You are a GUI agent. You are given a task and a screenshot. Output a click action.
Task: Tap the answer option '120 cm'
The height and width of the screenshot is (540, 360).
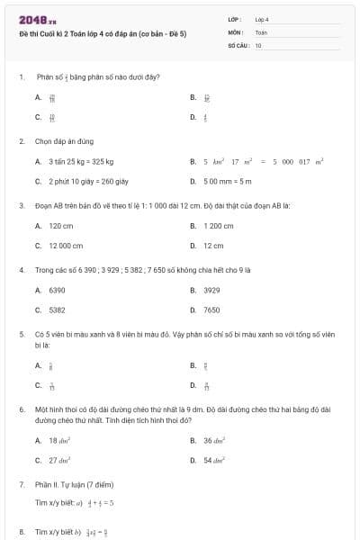(x=60, y=226)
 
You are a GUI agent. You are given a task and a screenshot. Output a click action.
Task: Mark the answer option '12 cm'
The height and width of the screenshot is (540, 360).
(x=212, y=245)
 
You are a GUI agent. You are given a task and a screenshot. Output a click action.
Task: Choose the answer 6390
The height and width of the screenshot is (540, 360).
(x=57, y=291)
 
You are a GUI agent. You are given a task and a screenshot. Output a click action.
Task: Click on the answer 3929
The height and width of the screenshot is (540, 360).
(x=211, y=291)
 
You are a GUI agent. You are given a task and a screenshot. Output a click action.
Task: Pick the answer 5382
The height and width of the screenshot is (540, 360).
(x=57, y=310)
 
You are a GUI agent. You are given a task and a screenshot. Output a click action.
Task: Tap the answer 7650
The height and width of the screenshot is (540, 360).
(x=211, y=310)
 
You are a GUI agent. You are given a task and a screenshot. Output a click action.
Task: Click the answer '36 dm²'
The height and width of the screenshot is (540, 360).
(x=213, y=441)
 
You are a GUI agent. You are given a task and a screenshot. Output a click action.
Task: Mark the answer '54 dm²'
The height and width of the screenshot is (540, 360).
(x=213, y=460)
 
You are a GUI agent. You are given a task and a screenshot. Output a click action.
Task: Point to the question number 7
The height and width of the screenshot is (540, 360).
(x=21, y=484)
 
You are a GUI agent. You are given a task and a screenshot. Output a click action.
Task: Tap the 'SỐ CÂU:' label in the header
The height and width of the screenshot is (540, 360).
(x=238, y=44)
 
